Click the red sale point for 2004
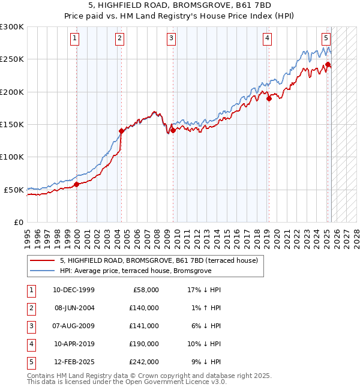click(x=121, y=131)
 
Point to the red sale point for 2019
click(x=269, y=98)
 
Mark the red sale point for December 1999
click(x=77, y=184)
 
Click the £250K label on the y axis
click(x=12, y=59)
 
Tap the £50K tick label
click(x=14, y=190)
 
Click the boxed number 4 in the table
click(x=31, y=344)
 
